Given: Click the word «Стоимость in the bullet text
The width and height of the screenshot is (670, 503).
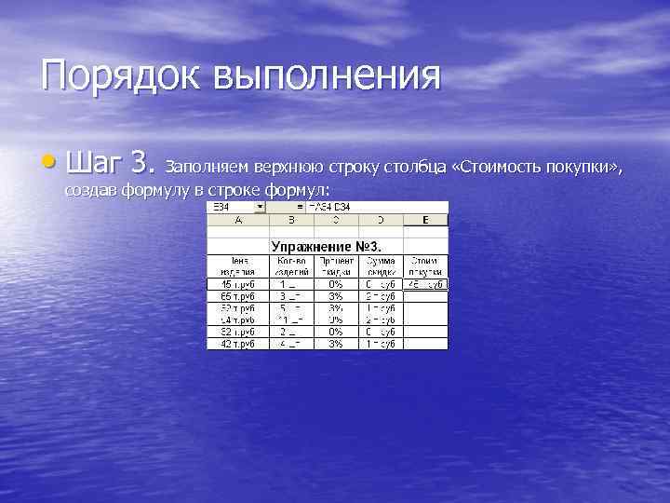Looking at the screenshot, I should pos(499,168).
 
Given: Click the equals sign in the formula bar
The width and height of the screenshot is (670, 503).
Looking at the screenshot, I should pos(301,207).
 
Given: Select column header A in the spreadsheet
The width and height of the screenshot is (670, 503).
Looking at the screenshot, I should pos(237,220).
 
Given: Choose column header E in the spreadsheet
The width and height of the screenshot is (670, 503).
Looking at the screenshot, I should pos(424,220).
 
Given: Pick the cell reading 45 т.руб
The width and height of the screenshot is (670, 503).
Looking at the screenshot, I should pos(237,284).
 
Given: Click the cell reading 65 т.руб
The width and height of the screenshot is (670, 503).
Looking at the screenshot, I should pos(237,296).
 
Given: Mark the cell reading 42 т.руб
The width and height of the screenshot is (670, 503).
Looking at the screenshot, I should pos(237,344).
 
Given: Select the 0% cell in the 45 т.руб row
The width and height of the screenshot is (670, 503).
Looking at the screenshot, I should pos(335,284).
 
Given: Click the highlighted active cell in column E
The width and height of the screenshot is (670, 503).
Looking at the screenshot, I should pos(424,284).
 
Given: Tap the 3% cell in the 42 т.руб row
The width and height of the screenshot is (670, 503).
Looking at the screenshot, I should pos(335,344).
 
